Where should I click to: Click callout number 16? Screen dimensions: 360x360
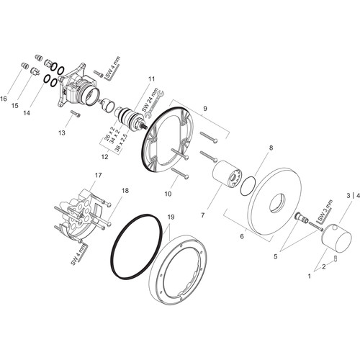tap(4, 99)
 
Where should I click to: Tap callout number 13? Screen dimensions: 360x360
tap(62, 132)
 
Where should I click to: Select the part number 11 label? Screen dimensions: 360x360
tap(151, 78)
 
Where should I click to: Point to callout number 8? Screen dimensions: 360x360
tap(271, 148)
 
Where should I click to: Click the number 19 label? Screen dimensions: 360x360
tap(171, 217)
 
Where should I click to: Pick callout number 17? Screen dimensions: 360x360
tap(98, 175)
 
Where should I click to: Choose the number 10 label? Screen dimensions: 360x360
tap(168, 194)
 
